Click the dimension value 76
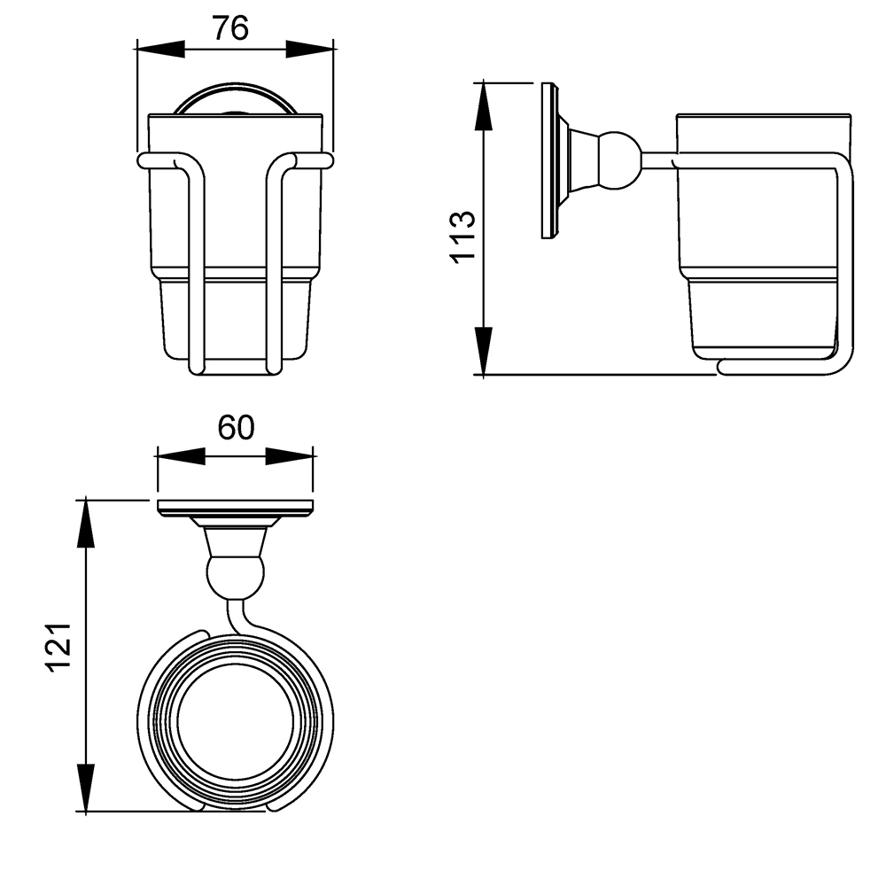tap(231, 28)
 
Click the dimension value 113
tap(462, 237)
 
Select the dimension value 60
tap(237, 427)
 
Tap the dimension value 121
tap(58, 648)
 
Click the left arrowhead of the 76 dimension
tap(160, 49)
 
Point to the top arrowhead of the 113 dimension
tap(483, 107)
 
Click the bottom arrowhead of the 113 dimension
tap(483, 351)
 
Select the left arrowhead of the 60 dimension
tap(180, 456)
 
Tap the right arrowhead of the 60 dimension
tap(289, 456)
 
